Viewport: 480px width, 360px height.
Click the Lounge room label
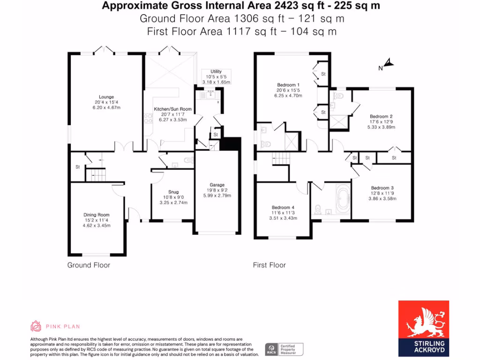coord(106,97)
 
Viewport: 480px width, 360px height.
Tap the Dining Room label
coord(97,215)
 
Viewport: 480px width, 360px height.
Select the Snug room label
coord(173,192)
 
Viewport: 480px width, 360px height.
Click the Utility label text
coord(216,71)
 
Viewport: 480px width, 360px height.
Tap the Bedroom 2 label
coord(381,116)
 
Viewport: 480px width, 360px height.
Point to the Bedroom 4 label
coord(283,207)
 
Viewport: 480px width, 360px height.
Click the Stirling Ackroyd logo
coord(423,328)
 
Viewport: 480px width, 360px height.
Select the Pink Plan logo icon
coord(36,326)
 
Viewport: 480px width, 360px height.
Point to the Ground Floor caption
coord(89,265)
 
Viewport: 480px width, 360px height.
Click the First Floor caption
coord(269,265)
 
